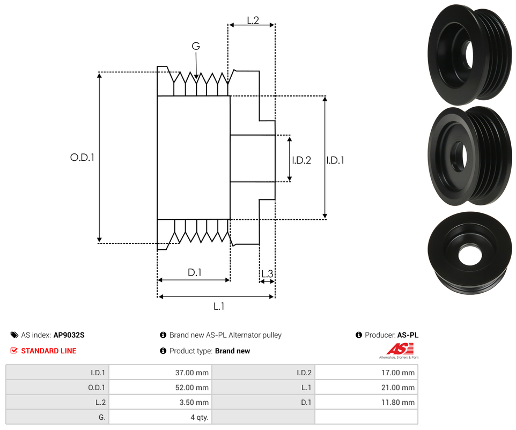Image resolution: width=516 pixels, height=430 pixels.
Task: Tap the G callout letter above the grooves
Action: coord(196,47)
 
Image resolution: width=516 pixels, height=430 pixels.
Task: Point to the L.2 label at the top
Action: coord(253,20)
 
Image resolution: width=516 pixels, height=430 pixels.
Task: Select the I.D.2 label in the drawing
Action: coord(301,160)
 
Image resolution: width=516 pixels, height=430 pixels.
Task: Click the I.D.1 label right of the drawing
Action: coord(335,160)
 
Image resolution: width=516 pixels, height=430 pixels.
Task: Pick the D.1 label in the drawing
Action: coord(194,272)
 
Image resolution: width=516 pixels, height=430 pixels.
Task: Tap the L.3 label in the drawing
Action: coord(267,275)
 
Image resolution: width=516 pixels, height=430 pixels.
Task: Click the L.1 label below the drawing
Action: coord(219,307)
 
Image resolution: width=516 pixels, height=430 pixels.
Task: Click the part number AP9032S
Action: coord(69,335)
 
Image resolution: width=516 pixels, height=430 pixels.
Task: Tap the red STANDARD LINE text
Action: coord(48,351)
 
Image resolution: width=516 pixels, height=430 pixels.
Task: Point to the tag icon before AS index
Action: coord(14,335)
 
